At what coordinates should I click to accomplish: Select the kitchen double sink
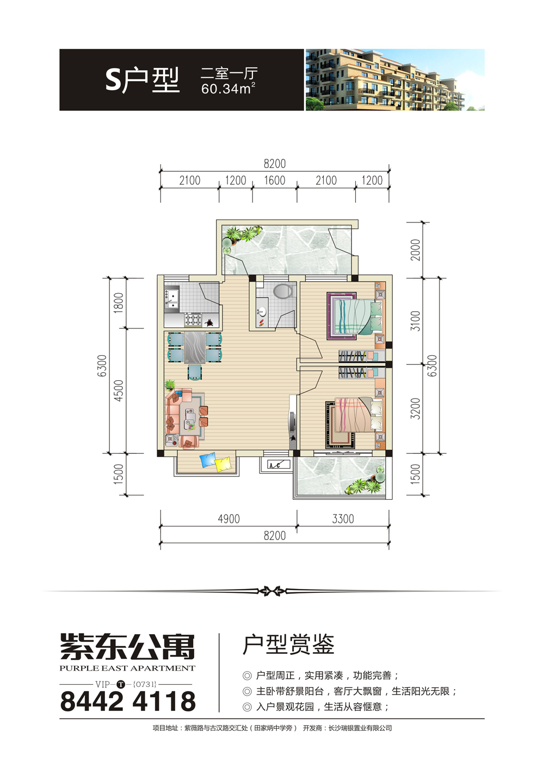click(171, 299)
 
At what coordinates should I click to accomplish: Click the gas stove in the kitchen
click(193, 320)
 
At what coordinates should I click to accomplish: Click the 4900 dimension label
click(228, 519)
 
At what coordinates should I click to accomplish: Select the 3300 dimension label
click(343, 519)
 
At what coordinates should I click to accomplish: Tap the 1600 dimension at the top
click(274, 180)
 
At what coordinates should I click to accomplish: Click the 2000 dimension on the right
click(415, 250)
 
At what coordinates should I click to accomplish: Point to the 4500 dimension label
click(118, 390)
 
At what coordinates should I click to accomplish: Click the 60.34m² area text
click(228, 89)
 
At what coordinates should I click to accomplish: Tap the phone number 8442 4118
click(128, 702)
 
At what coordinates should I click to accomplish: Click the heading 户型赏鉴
click(288, 644)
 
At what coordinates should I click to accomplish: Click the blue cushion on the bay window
click(208, 460)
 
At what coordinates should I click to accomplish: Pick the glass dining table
click(195, 347)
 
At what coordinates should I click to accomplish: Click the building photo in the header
click(395, 79)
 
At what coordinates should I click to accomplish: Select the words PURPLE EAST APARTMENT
click(127, 668)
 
